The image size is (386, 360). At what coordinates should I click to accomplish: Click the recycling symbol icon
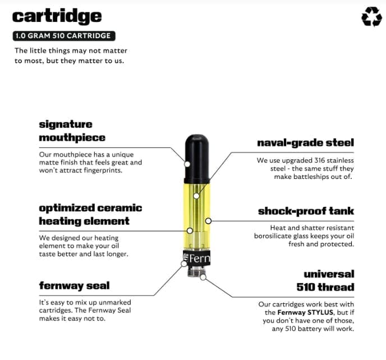372,17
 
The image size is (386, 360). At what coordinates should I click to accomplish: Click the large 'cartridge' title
57,17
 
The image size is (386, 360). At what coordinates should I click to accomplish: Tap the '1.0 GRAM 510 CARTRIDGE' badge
64,36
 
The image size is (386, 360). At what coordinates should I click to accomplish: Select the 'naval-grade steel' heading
306,143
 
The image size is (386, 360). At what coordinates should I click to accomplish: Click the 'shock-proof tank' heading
306,211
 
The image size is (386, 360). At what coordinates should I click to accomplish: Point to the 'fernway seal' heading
75,285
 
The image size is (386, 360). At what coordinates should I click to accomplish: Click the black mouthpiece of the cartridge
197,159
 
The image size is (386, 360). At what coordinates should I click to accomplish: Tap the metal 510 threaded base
196,271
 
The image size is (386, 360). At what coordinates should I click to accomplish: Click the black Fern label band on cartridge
197,258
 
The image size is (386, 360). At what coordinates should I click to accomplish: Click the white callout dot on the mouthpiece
187,164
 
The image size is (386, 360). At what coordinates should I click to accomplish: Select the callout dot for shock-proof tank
208,221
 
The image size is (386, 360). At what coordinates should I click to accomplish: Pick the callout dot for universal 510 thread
203,278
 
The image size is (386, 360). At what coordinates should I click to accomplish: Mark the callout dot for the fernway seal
184,264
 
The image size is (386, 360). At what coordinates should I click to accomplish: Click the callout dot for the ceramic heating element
190,231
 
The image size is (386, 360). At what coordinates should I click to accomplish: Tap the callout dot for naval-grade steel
196,196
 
